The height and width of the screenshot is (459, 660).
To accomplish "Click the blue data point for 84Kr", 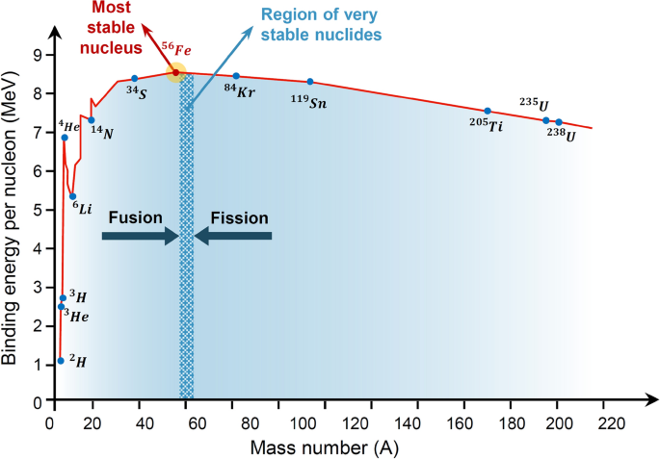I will coord(236,76).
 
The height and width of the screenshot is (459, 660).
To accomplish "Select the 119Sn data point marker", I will coord(309,82).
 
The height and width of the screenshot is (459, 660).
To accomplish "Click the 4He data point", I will coord(65,138).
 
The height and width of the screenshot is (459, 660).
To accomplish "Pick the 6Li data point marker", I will coord(72,196).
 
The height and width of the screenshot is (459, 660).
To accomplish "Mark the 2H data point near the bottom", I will coord(61,361).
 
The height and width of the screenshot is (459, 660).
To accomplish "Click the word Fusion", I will coord(134,217).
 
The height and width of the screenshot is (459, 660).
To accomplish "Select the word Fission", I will coord(233,217).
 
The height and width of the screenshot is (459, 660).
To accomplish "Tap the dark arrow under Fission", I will coord(233,236).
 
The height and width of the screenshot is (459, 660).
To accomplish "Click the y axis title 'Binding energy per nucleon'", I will coord(13,229).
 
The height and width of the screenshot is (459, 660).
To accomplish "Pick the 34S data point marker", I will coord(134,78).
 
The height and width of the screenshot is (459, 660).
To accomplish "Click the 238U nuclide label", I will coord(562,136).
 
